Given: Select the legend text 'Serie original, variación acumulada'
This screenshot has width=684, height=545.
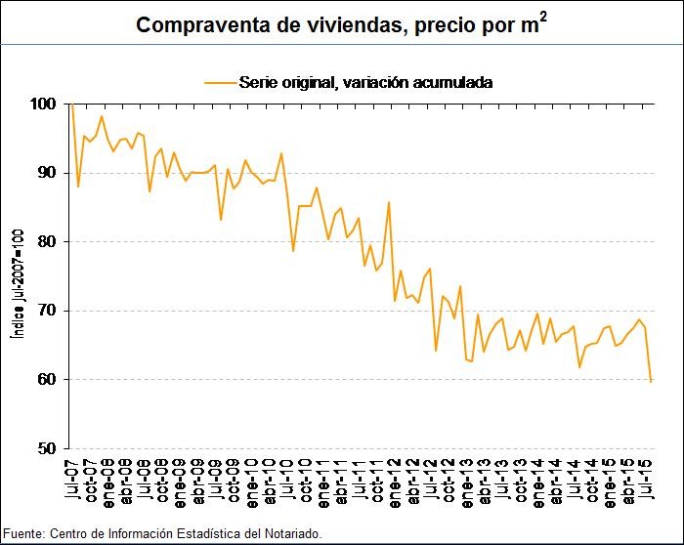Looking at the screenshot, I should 364,82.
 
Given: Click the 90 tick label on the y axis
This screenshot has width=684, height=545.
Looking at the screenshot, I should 46,173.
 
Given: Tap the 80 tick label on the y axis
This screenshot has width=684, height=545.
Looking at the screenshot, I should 46,241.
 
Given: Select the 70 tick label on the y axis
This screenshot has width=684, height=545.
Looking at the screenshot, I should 46,311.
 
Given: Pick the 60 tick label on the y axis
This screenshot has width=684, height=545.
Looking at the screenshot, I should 46,380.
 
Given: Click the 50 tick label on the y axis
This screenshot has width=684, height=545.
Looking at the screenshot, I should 46,449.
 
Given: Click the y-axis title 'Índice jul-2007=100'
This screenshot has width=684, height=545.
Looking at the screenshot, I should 17,283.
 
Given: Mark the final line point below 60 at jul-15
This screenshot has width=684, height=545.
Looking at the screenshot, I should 651,381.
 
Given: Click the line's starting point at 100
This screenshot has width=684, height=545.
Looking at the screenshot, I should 71,104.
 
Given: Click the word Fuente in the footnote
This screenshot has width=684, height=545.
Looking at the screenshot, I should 22,533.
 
